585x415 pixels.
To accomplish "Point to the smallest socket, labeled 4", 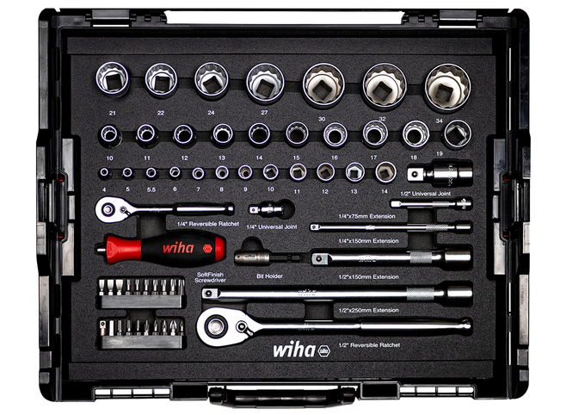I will pyautogui.click(x=104, y=173).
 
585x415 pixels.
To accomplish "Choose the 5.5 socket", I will pyautogui.click(x=151, y=173).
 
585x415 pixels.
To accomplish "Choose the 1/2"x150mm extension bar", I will pyautogui.click(x=391, y=257).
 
